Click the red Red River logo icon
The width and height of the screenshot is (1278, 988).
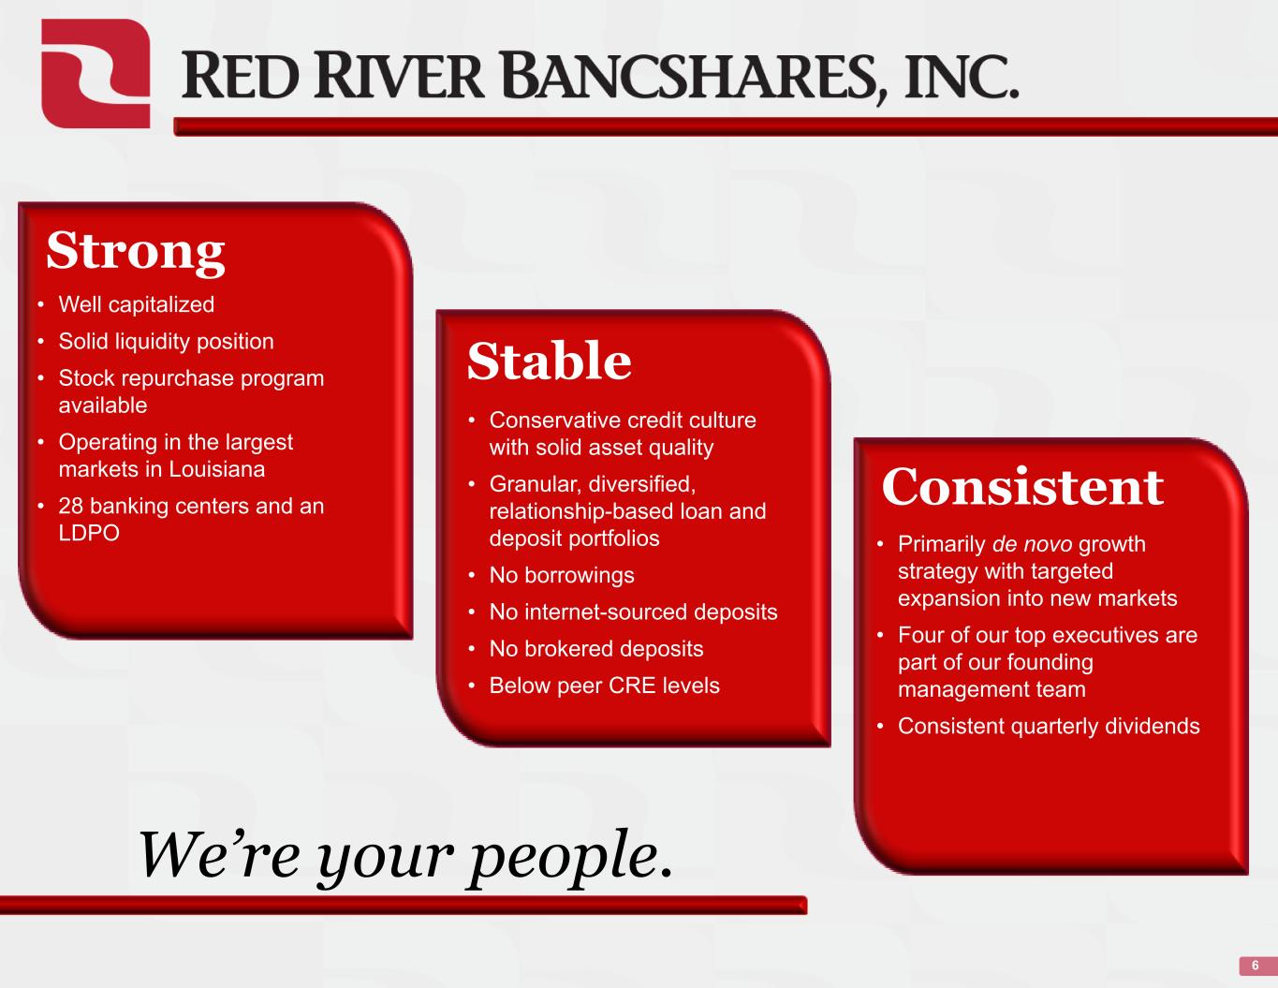pos(95,73)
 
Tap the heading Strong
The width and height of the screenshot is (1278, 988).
pos(135,252)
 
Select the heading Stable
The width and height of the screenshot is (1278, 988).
pos(550,361)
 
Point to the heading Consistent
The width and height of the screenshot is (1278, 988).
pos(1022,487)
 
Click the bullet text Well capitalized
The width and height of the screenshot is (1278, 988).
pos(137,304)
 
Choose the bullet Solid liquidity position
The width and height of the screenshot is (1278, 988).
pos(167,342)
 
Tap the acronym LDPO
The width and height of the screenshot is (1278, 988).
pos(89,533)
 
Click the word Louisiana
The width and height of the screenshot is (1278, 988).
pos(217,469)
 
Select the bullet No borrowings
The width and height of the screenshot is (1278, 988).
pos(562,575)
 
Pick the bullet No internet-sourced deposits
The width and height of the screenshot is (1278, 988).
pos(634,612)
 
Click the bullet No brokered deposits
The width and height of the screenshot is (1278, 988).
pos(596,649)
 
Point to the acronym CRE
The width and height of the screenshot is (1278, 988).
pos(632,686)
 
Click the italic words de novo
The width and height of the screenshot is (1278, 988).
pos(1032,544)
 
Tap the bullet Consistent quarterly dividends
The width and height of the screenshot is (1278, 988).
pos(1049,727)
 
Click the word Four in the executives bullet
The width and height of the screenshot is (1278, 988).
pos(921,635)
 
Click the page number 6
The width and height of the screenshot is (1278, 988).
pos(1256,966)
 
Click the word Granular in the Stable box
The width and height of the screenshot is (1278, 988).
pos(536,484)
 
